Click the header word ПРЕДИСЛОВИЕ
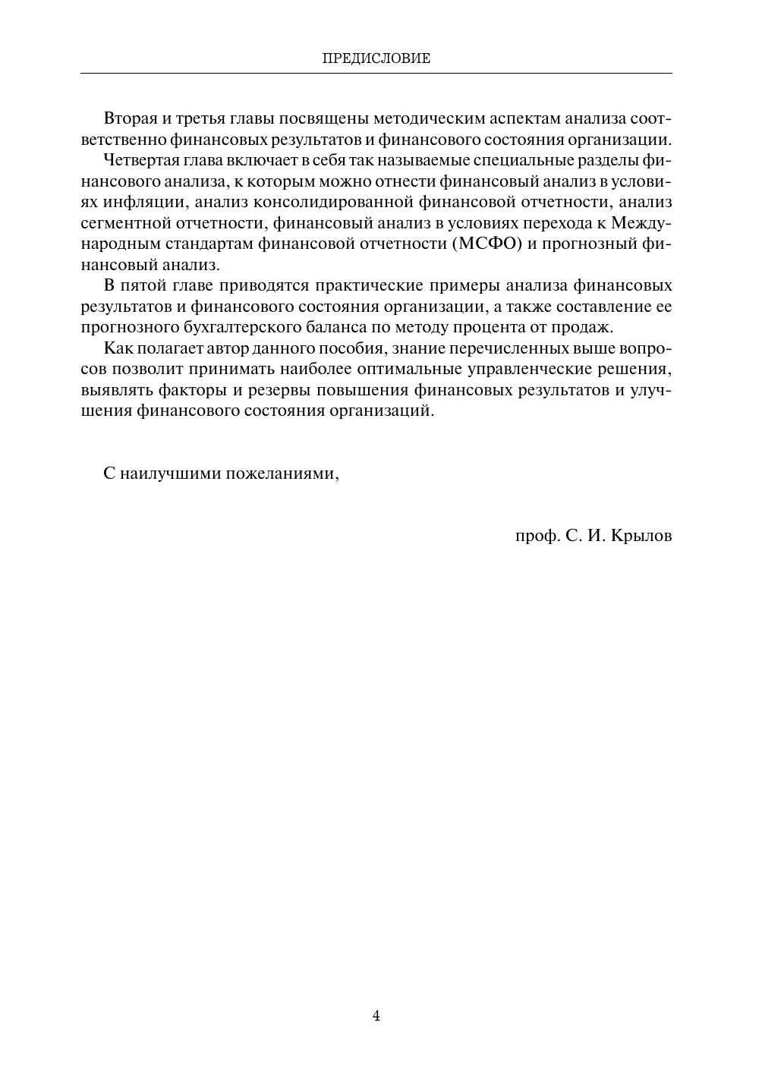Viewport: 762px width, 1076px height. tap(376, 58)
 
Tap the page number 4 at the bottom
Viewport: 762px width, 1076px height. tap(376, 1016)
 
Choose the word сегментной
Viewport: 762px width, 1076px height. tap(123, 223)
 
